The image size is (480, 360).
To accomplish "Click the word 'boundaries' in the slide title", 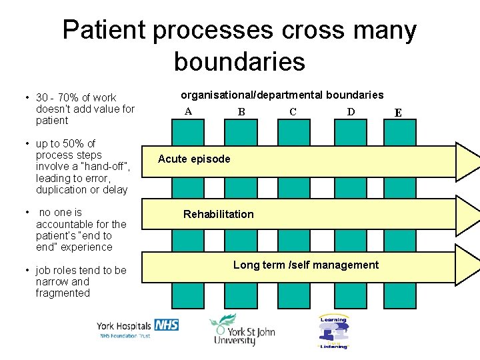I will pos(239,61).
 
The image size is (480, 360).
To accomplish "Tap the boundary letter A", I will pos(188,111).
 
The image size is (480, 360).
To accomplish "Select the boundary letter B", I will pos(241,111).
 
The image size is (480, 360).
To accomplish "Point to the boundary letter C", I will pos(293,111).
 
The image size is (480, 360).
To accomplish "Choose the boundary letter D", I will pos(351,111).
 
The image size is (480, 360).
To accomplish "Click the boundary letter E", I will pos(398,113).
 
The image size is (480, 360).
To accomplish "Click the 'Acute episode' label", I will pos(194,159).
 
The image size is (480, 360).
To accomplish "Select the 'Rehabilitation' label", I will pos(218,214).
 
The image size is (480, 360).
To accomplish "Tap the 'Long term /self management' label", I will pos(306,265).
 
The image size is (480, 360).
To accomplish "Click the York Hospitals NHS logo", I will pos(138,328).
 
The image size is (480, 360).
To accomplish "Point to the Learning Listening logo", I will pos(333,331).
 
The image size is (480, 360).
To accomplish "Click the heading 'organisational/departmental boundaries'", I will pos(282,95).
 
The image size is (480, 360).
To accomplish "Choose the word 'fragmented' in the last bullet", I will pos(63,293).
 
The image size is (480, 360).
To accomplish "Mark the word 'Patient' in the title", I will pos(105,30).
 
